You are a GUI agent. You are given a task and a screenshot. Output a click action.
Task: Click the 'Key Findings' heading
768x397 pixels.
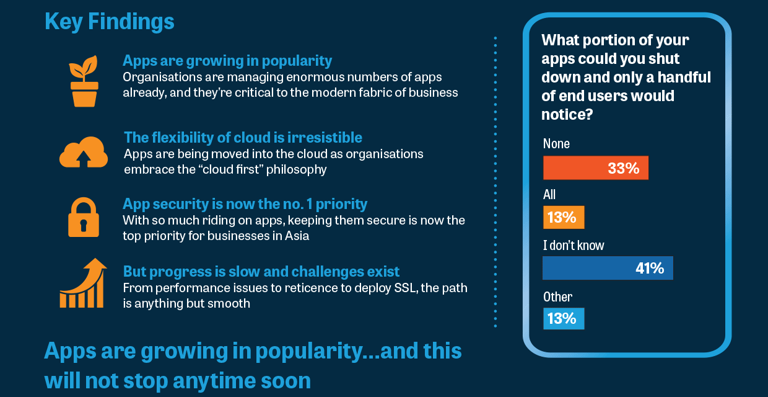(110, 22)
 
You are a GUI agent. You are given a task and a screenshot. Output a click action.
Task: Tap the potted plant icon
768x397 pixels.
(84, 81)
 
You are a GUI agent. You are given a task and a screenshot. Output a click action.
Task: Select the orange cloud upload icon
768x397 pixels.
(84, 152)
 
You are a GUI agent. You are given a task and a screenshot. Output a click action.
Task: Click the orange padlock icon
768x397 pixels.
(84, 217)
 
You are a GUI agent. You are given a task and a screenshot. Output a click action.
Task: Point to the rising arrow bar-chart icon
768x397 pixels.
(82, 283)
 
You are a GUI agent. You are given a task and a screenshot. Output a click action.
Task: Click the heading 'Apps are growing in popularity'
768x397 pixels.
(227, 61)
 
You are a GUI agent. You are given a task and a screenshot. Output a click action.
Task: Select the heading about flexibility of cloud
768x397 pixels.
(243, 137)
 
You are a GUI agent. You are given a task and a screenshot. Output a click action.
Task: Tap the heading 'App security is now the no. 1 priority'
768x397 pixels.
(245, 204)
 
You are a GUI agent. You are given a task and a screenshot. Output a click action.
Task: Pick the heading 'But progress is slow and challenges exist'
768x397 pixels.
(261, 271)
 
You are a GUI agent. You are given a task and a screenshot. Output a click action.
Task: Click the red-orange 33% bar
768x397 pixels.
(596, 168)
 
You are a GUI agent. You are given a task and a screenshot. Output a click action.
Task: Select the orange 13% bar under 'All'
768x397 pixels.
(564, 217)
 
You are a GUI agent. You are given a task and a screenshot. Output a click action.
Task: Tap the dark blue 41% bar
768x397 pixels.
(608, 268)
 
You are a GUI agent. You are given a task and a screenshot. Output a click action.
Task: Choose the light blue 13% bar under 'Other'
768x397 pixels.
(564, 318)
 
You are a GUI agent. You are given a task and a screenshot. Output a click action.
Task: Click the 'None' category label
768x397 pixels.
(556, 143)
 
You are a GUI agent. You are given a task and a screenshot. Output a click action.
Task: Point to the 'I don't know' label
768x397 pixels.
(574, 246)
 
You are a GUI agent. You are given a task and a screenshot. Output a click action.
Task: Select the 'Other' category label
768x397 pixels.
(557, 297)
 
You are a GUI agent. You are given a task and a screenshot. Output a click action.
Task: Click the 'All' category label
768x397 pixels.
(549, 194)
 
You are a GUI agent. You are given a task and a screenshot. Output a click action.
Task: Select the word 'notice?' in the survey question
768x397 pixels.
(567, 115)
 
